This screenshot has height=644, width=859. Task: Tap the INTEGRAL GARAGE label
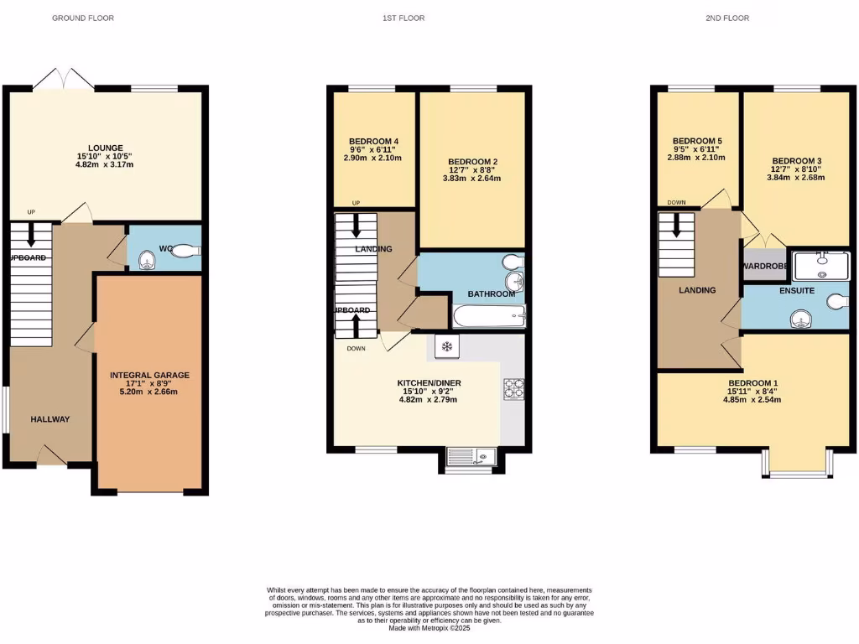(x=150, y=375)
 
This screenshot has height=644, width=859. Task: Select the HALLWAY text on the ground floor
(x=50, y=419)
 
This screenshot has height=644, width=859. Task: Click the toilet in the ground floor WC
(x=186, y=249)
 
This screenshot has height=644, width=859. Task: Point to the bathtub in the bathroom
(x=489, y=316)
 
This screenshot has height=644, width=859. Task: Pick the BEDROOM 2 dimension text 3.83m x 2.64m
(x=473, y=178)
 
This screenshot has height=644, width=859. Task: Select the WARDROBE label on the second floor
(x=763, y=267)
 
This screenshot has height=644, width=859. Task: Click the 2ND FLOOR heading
(x=726, y=18)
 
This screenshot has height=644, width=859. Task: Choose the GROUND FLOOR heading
(x=82, y=18)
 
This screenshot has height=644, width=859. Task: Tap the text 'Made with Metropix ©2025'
(x=429, y=628)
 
